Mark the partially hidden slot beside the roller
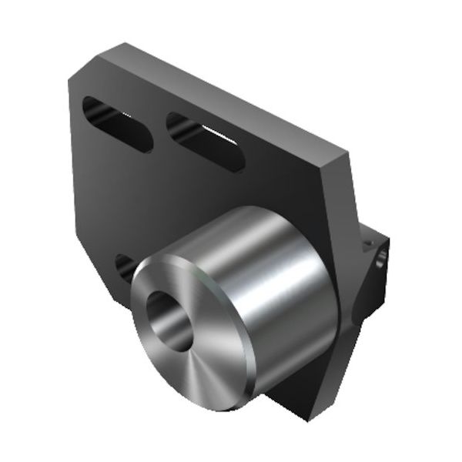click(124, 266)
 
